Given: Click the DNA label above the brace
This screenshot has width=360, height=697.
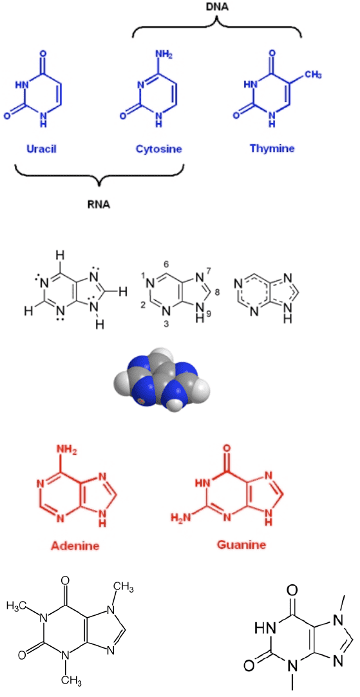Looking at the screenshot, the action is coord(216,6).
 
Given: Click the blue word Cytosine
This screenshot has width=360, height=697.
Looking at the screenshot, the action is coord(158,149).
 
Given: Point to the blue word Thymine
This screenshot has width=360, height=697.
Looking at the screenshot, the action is coord(272,148).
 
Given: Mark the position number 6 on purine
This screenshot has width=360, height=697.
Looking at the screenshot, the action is coord(166,264).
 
